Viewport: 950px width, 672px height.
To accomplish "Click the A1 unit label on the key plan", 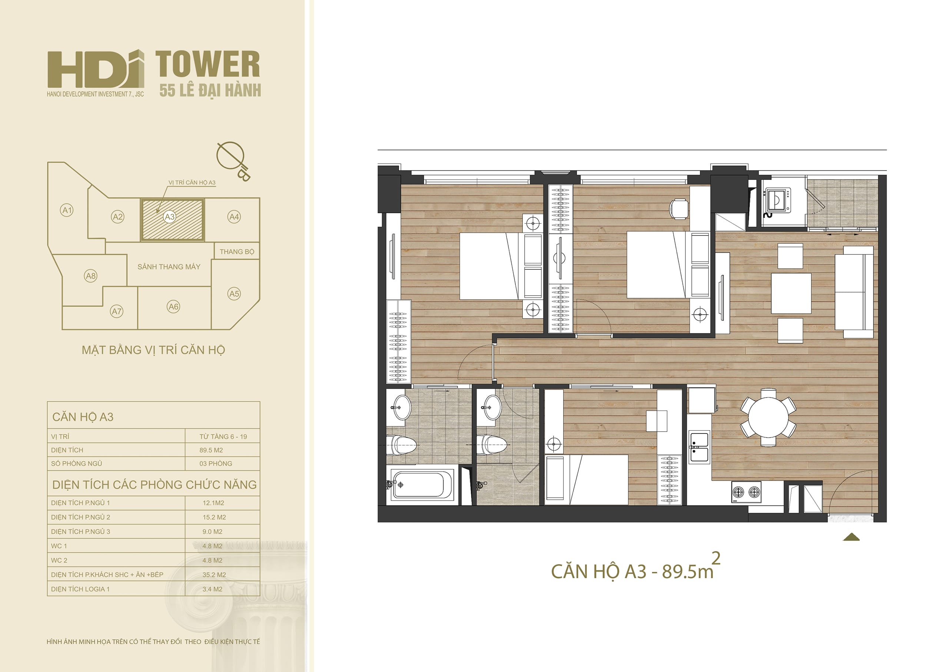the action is point(67,210).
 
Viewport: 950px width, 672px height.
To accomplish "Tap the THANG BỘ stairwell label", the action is point(237,252).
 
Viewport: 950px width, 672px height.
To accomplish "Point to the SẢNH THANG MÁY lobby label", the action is point(169,267).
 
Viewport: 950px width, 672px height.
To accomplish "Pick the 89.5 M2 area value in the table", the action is point(211,450).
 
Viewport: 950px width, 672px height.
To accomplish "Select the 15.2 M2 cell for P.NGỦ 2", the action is point(214,517).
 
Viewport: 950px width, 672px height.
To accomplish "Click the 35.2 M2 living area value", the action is point(214,575).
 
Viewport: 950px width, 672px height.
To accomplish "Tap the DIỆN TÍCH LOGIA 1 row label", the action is point(80,589).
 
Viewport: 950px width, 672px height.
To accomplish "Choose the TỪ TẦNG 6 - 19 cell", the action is point(223,437).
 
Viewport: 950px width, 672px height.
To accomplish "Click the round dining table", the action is point(768,417).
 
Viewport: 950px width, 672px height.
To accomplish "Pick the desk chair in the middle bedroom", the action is point(679,208).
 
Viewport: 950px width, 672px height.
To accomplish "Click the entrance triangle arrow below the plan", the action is point(851,537).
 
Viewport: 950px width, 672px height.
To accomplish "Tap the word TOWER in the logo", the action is point(208,64).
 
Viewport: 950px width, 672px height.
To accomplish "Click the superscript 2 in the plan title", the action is point(716,558).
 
